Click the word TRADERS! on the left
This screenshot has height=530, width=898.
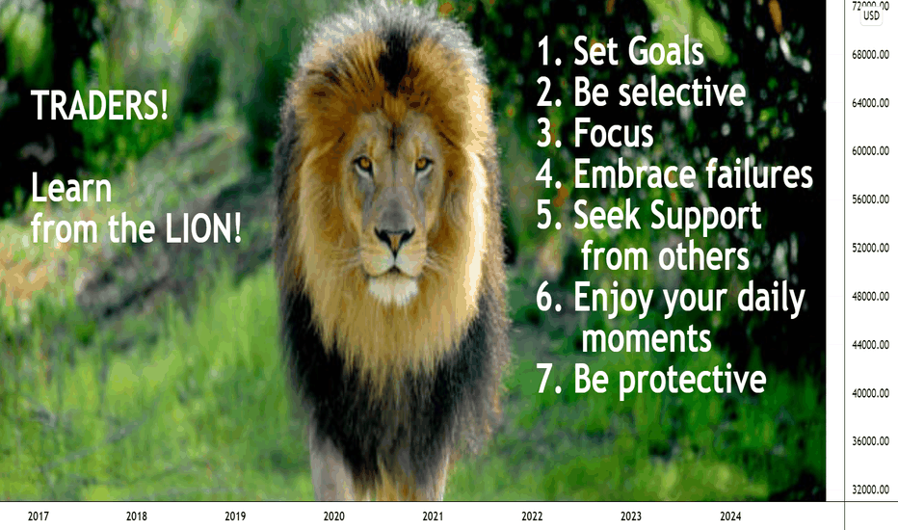[x=99, y=105]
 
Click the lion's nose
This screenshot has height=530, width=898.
[x=394, y=237]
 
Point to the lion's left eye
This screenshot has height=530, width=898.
[x=423, y=165]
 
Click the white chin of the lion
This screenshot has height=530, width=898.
[x=393, y=287]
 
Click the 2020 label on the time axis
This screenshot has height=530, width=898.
[x=334, y=517]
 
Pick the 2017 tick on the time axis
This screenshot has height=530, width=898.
[x=38, y=517]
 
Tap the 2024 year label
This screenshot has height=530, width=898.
[x=730, y=517]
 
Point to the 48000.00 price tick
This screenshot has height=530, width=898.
[x=870, y=296]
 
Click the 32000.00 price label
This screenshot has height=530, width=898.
[x=870, y=490]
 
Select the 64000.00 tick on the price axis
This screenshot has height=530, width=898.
[x=870, y=103]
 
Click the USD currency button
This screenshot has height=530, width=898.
[x=871, y=16]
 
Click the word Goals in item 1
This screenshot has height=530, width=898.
[x=666, y=52]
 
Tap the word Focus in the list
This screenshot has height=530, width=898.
[x=614, y=134]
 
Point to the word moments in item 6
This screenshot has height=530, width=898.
[x=647, y=338]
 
